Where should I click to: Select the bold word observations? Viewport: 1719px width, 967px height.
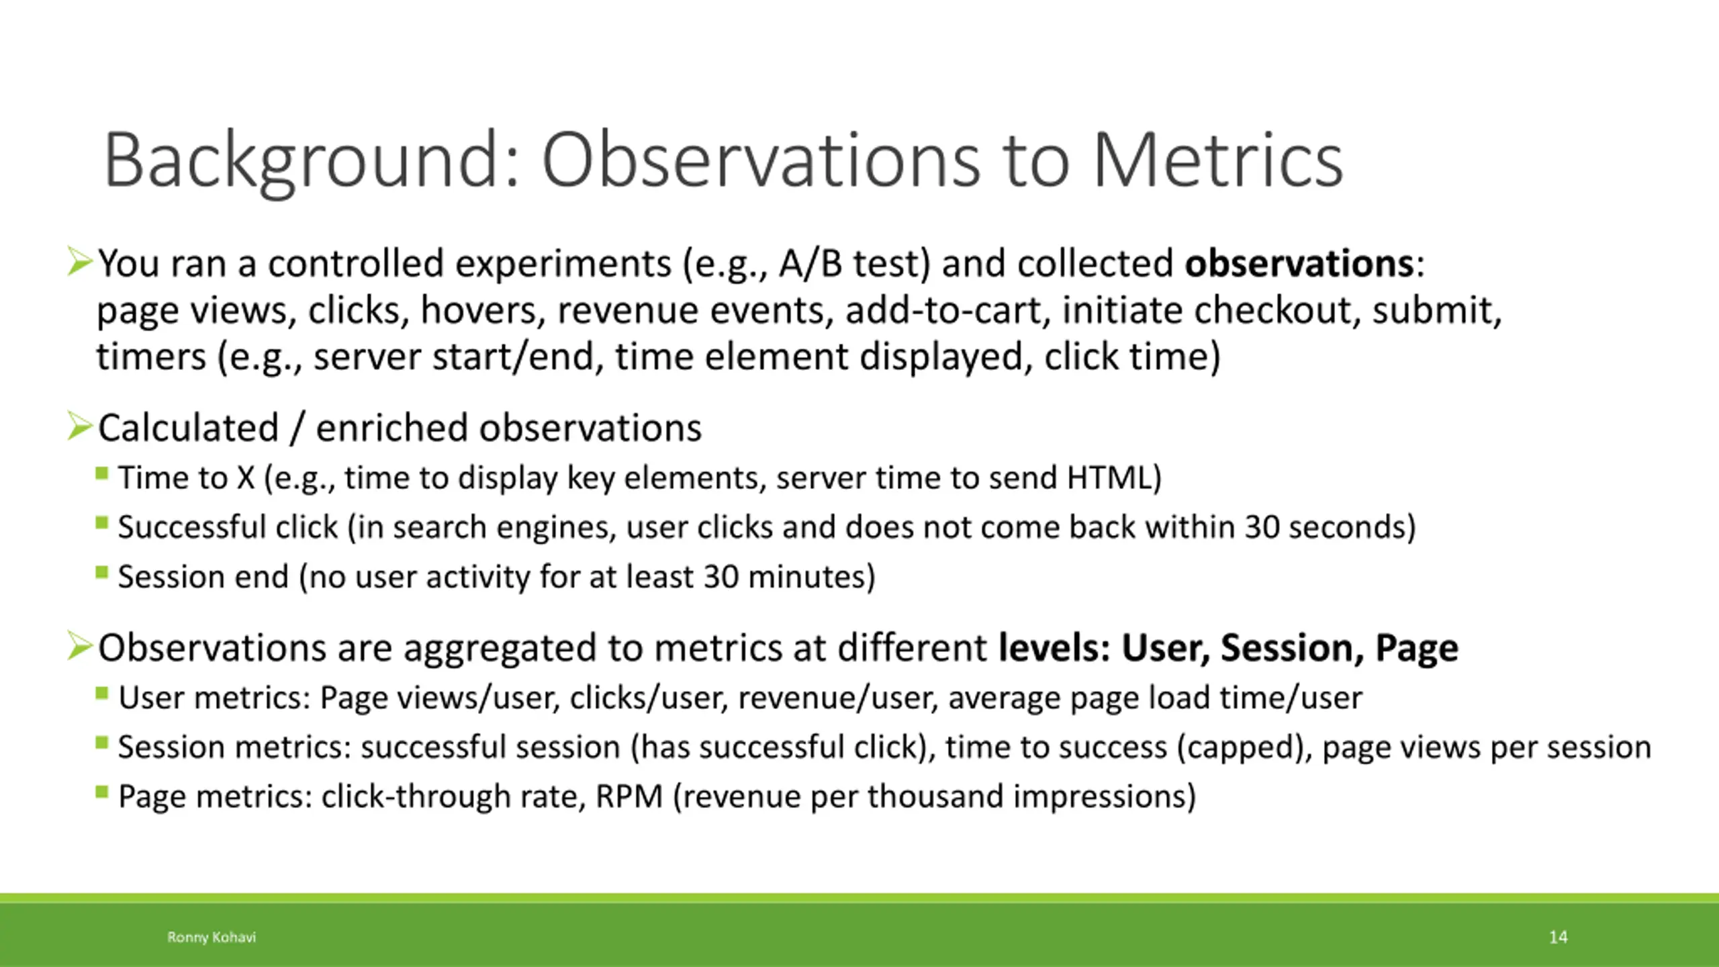1299,263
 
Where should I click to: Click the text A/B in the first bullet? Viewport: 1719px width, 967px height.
810,263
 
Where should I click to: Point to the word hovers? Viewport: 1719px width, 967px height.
483,310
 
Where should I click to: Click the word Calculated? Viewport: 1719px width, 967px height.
189,428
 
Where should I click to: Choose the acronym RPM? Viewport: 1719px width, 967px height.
629,796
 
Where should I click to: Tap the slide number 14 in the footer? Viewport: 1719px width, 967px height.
1558,937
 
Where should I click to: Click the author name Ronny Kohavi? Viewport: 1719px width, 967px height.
212,937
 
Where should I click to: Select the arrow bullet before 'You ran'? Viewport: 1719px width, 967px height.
80,262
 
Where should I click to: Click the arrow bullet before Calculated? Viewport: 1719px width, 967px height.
80,426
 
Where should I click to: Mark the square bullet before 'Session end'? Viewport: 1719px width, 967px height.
102,572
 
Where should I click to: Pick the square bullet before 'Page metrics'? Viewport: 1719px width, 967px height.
102,792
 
